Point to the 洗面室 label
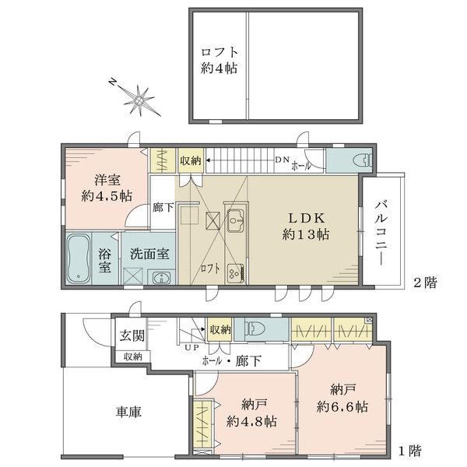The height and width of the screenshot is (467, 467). (149, 254)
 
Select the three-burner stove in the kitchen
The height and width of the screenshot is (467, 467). (234, 272)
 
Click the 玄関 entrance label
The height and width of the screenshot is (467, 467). (131, 336)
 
